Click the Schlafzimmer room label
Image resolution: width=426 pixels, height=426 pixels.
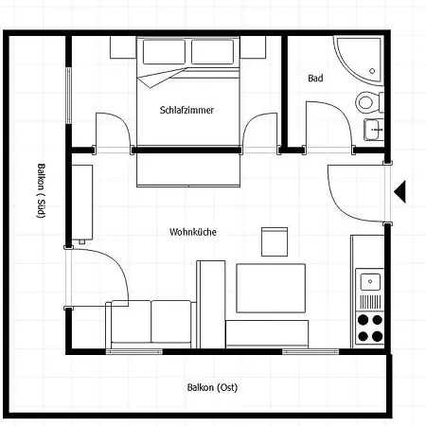coord(186,110)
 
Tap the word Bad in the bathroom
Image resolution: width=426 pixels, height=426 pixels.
coord(315,79)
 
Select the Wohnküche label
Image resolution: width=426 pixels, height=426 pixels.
coord(193,232)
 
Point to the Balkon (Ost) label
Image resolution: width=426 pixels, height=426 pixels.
coord(212,387)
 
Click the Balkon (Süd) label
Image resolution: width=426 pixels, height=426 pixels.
coord(42,190)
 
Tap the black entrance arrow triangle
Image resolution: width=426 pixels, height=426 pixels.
coord(399,191)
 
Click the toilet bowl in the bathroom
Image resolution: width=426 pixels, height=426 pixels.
coord(365,102)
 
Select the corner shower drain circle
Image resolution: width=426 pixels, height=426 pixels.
coord(372,71)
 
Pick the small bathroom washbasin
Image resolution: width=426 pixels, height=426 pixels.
coord(374,130)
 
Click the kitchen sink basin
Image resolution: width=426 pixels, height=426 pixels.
coord(370,281)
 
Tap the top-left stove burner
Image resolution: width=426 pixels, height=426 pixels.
coord(363,320)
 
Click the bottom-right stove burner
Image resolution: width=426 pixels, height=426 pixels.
coord(378,336)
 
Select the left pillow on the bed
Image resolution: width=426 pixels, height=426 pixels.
coord(164,52)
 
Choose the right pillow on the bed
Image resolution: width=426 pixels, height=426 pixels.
coord(213,52)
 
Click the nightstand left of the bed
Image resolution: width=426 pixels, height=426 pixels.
coord(123,47)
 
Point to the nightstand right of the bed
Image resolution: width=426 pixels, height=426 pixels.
coord(253,47)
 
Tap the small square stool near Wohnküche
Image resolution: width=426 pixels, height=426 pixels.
coord(275,241)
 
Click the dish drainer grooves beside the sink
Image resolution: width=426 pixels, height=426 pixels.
coord(370,302)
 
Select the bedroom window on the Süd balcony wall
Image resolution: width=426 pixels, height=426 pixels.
coord(68,96)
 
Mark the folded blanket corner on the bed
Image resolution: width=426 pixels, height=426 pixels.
coord(151,86)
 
